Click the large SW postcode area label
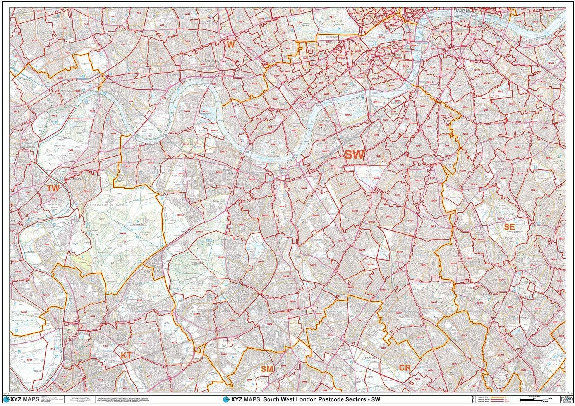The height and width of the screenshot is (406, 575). click(x=354, y=155)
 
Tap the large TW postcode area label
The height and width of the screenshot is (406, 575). click(x=53, y=188)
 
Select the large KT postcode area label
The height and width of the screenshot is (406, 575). click(x=125, y=355)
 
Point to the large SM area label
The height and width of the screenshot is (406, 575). click(x=267, y=369)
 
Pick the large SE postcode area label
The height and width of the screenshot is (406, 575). click(x=509, y=226)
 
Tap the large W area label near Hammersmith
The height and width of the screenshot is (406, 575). click(x=231, y=45)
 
